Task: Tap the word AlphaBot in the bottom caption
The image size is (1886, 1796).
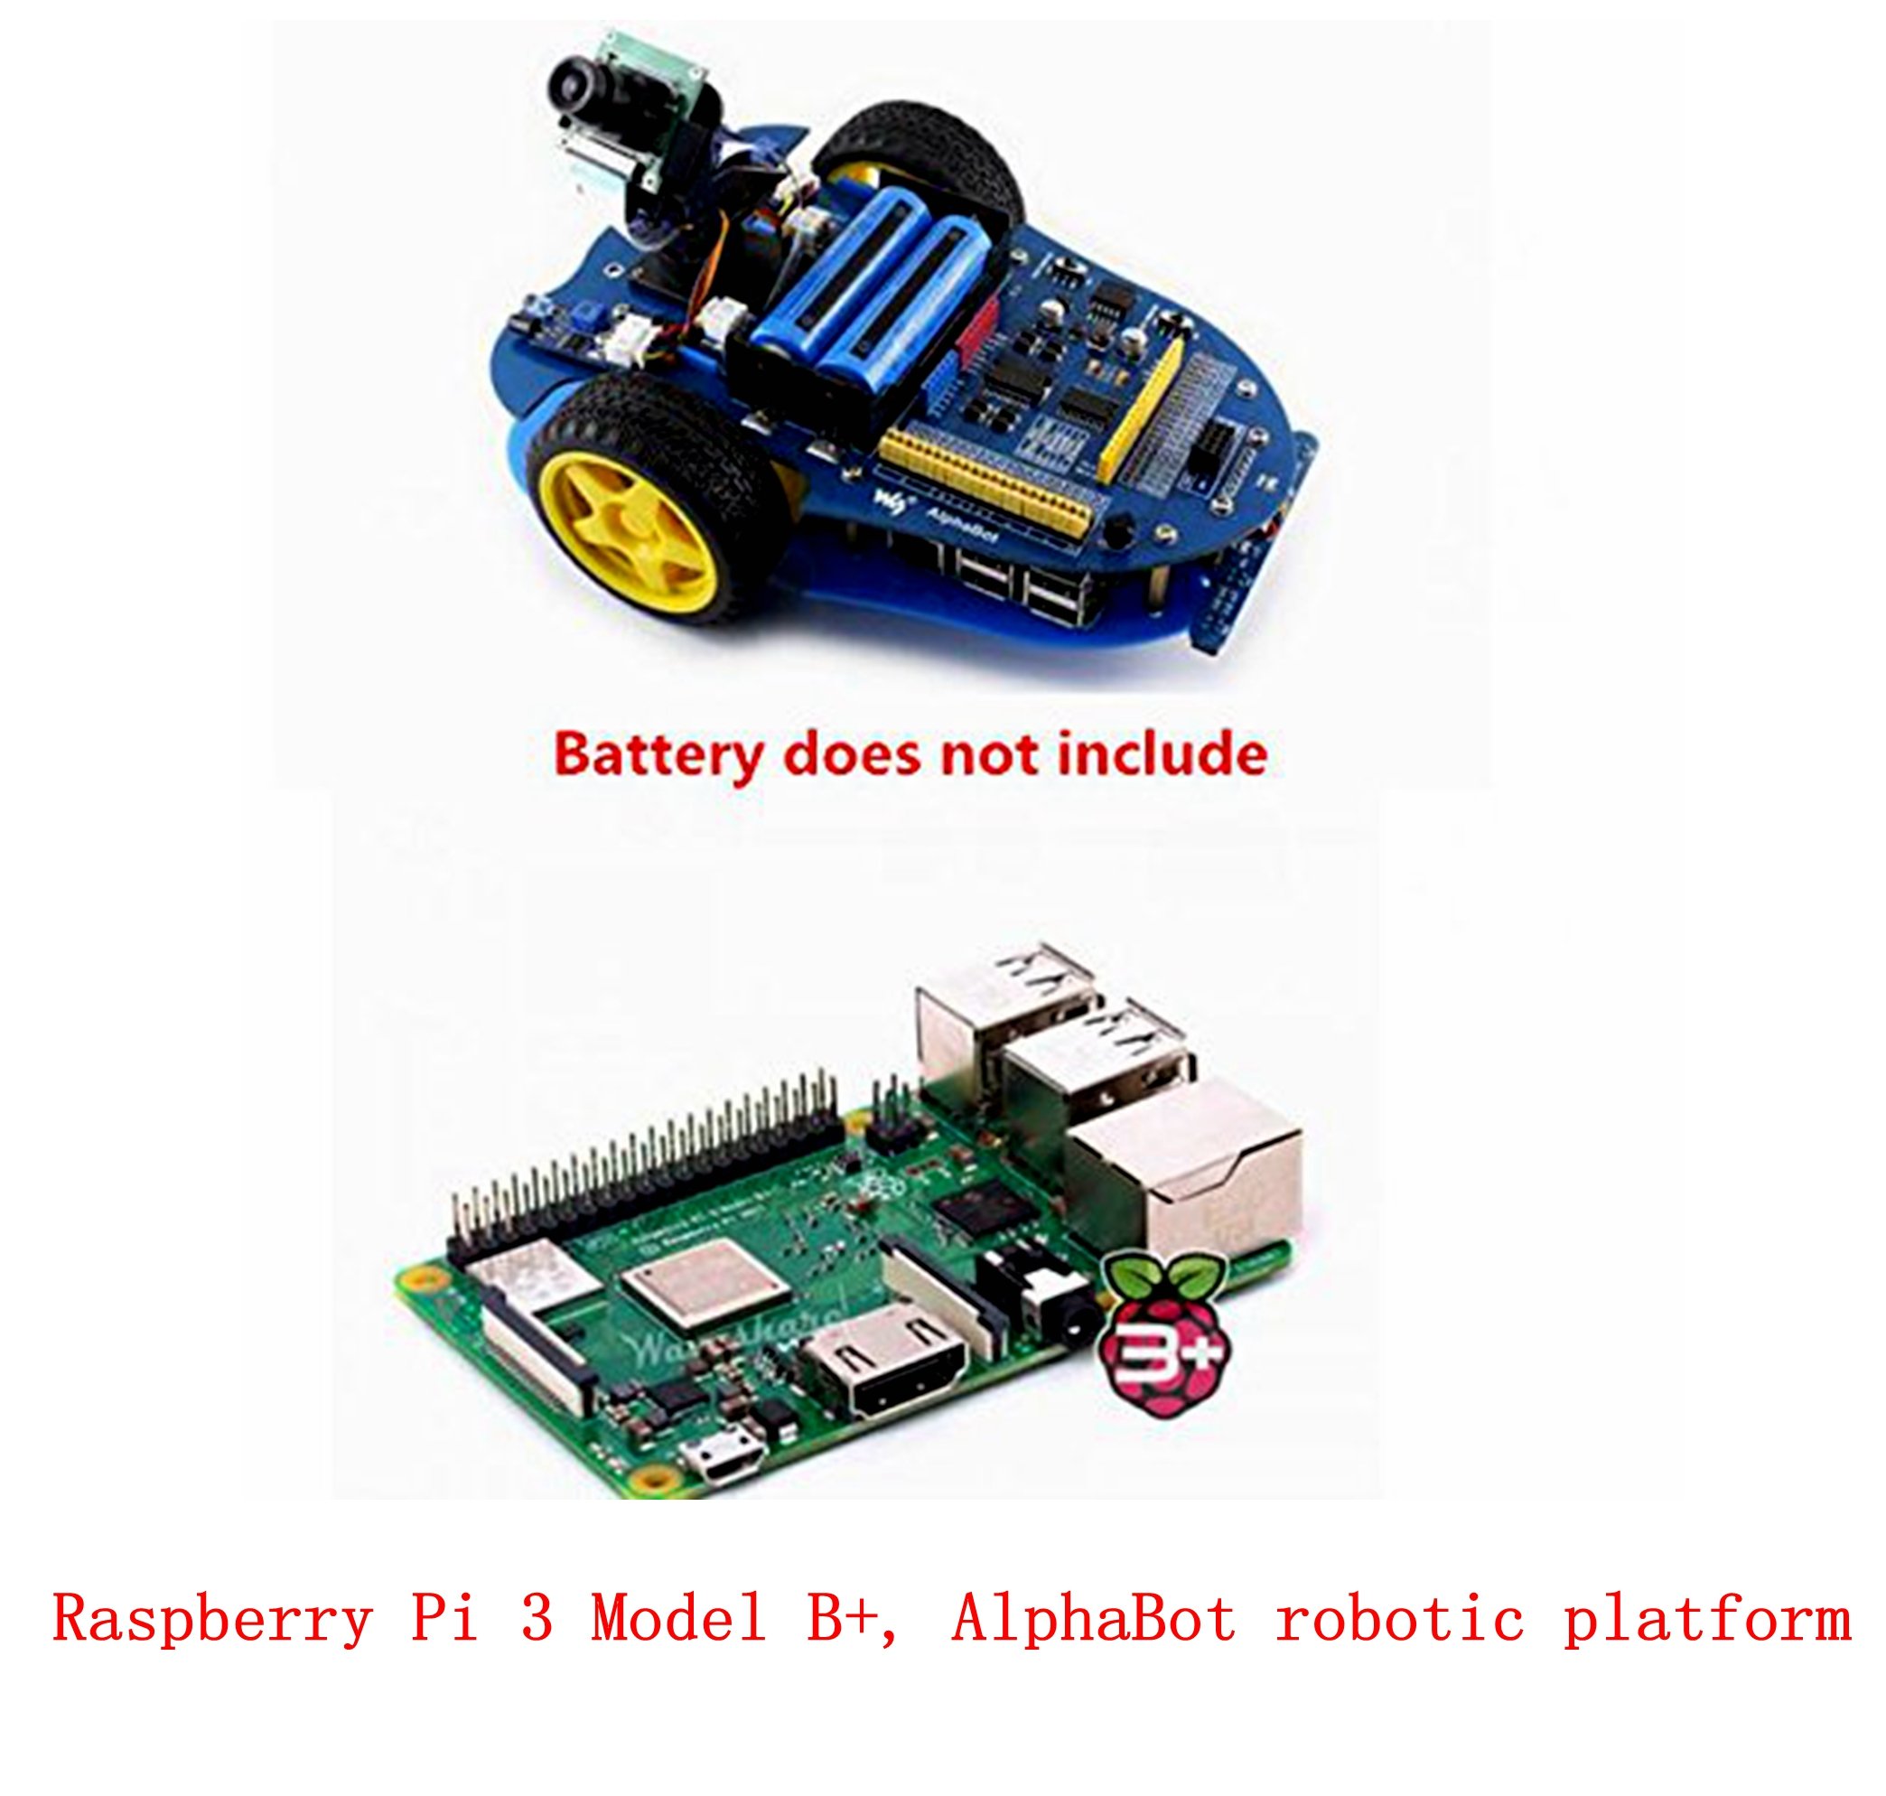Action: click(x=1092, y=1619)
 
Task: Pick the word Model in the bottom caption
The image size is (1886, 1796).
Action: click(x=677, y=1619)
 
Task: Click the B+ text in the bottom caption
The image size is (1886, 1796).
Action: click(x=842, y=1619)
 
